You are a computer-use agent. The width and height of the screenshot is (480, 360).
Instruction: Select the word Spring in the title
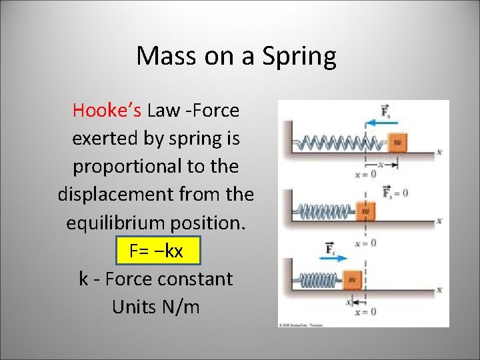point(299,57)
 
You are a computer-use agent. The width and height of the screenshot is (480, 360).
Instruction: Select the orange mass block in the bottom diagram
point(352,280)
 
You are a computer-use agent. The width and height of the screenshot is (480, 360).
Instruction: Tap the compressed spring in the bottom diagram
point(319,281)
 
